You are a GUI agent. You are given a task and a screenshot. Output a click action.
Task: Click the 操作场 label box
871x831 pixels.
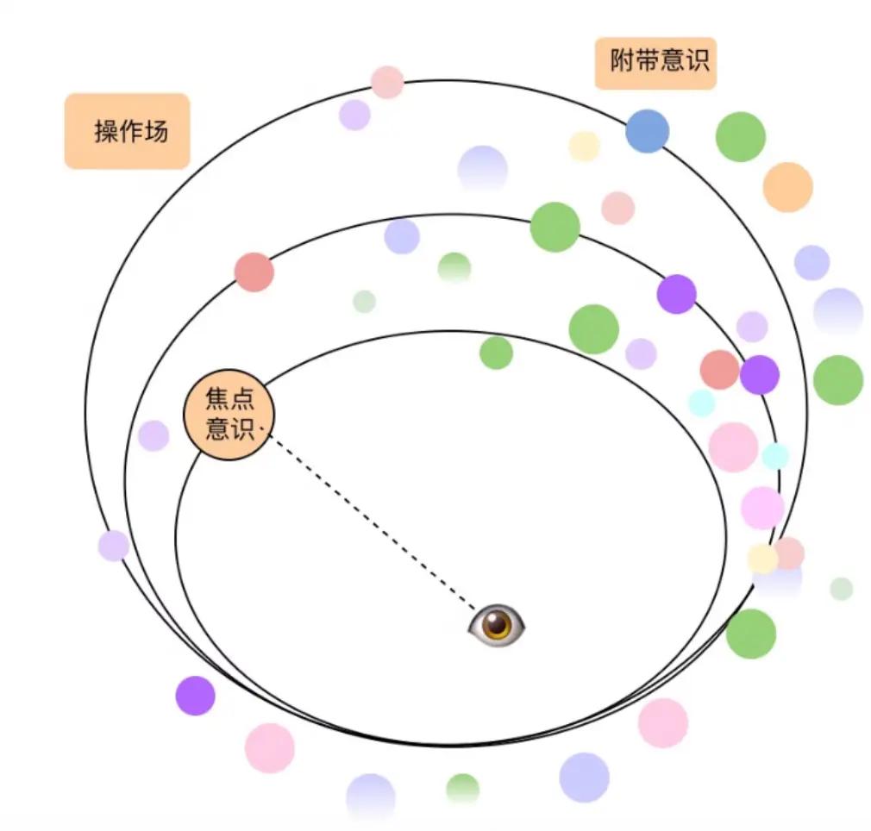[127, 131]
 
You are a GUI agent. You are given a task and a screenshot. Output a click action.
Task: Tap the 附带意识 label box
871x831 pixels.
[655, 62]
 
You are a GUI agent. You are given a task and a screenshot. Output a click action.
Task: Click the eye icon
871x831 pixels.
[497, 624]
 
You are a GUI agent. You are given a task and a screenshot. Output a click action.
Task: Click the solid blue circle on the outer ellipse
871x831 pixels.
[647, 131]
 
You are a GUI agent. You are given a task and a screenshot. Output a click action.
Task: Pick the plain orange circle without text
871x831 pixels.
[787, 187]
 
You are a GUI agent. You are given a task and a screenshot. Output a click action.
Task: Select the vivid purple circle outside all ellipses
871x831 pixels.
[195, 696]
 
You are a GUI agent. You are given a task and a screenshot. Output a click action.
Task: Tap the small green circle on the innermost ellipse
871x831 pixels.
[496, 353]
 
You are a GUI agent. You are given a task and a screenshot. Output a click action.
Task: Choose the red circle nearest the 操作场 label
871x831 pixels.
[254, 272]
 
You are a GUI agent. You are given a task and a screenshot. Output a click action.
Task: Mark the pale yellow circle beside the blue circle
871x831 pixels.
[584, 147]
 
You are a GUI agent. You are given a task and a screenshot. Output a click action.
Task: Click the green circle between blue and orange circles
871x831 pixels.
[740, 136]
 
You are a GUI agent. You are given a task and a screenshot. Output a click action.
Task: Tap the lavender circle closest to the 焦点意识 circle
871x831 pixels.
[154, 435]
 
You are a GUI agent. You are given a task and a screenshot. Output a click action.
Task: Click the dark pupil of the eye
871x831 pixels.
[497, 625]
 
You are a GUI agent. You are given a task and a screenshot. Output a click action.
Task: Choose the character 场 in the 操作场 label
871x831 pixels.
[156, 132]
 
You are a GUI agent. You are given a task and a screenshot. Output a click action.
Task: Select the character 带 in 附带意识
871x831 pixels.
[644, 62]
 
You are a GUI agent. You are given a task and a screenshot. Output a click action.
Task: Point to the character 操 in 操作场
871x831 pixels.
[106, 132]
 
